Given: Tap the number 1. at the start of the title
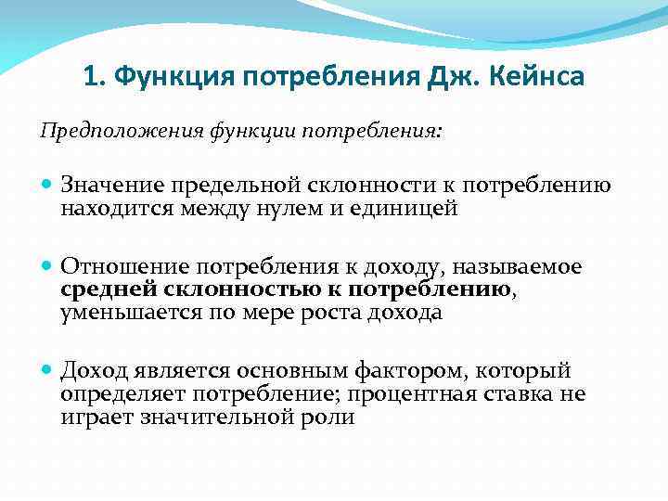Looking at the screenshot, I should point(93,76).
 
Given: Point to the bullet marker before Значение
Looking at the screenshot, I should point(48,186).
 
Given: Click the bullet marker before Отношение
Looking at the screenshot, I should point(48,268).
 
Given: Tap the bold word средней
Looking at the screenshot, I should point(100,290).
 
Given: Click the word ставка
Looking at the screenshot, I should point(520,394).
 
